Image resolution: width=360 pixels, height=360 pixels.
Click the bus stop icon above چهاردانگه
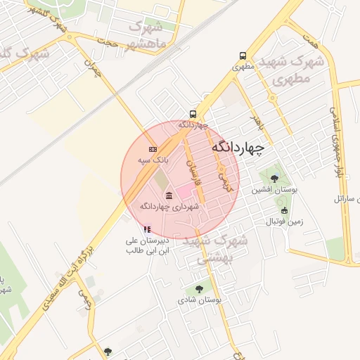tap(192, 114)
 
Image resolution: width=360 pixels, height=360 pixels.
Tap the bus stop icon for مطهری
tap(243, 56)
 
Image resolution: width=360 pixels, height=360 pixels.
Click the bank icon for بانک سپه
tap(153, 150)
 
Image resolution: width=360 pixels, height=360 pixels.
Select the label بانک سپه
tap(153, 161)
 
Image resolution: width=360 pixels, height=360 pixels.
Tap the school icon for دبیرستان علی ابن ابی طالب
tap(147, 229)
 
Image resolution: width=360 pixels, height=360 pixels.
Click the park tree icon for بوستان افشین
tap(274, 179)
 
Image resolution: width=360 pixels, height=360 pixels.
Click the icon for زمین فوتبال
tap(284, 210)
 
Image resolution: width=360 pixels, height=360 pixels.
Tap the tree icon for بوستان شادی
tap(200, 288)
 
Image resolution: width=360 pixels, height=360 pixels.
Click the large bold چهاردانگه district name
tap(237, 148)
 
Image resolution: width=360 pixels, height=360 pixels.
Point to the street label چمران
tap(92, 68)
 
